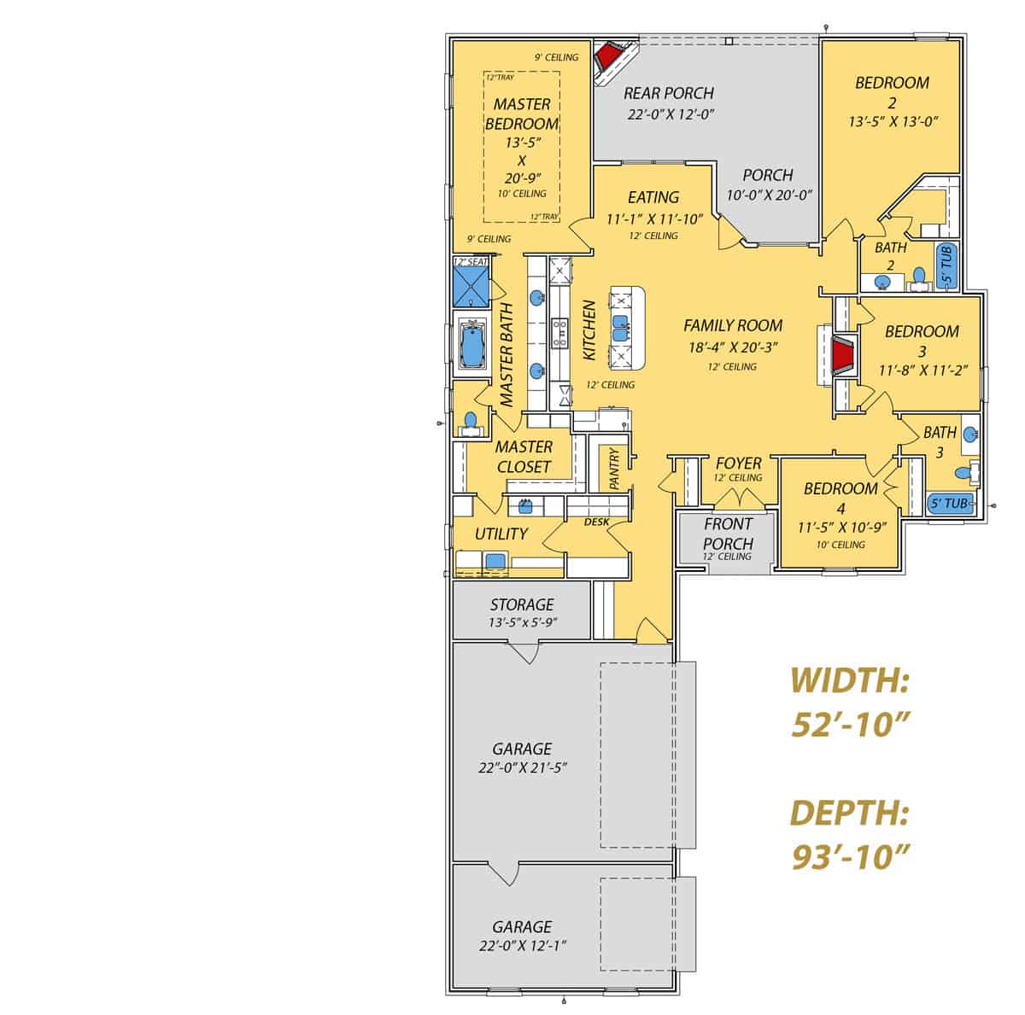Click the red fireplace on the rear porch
coord(607,56)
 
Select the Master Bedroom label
coord(521,114)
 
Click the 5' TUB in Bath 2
coord(946,265)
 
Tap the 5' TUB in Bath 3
coord(948,504)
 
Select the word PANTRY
coord(615,469)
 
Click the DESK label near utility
coord(595,522)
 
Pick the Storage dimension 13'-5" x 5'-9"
coord(523,622)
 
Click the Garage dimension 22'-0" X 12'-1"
coord(522,945)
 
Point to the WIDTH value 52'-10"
coord(848,725)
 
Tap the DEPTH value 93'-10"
coord(848,855)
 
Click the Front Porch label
coord(728,534)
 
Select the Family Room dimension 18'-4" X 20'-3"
coord(733,347)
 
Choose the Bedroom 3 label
coord(922,340)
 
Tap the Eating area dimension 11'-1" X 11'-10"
coord(654,219)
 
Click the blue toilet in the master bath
coord(469,420)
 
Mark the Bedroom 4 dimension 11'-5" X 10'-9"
coord(840,528)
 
